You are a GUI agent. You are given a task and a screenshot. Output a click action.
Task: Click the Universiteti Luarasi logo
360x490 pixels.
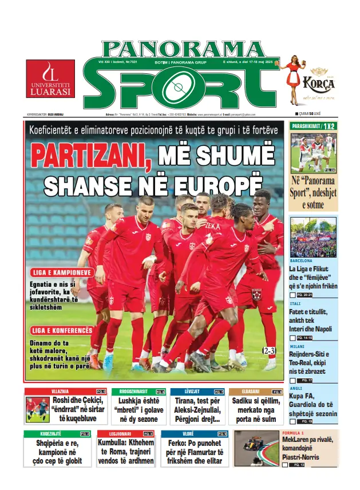(x=50, y=78)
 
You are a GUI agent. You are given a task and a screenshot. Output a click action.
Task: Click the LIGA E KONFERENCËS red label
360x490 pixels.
(x=62, y=330)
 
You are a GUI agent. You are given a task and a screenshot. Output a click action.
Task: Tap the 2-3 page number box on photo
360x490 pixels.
(x=270, y=350)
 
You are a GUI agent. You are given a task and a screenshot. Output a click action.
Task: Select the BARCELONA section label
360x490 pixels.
(x=302, y=260)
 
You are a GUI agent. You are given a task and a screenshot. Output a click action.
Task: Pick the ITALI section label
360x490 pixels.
(x=295, y=303)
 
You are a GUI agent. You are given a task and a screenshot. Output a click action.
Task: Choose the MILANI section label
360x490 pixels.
(x=298, y=346)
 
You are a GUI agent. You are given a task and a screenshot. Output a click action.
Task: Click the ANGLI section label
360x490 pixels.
(x=296, y=388)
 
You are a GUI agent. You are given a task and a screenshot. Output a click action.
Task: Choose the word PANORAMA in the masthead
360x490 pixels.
(x=183, y=49)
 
